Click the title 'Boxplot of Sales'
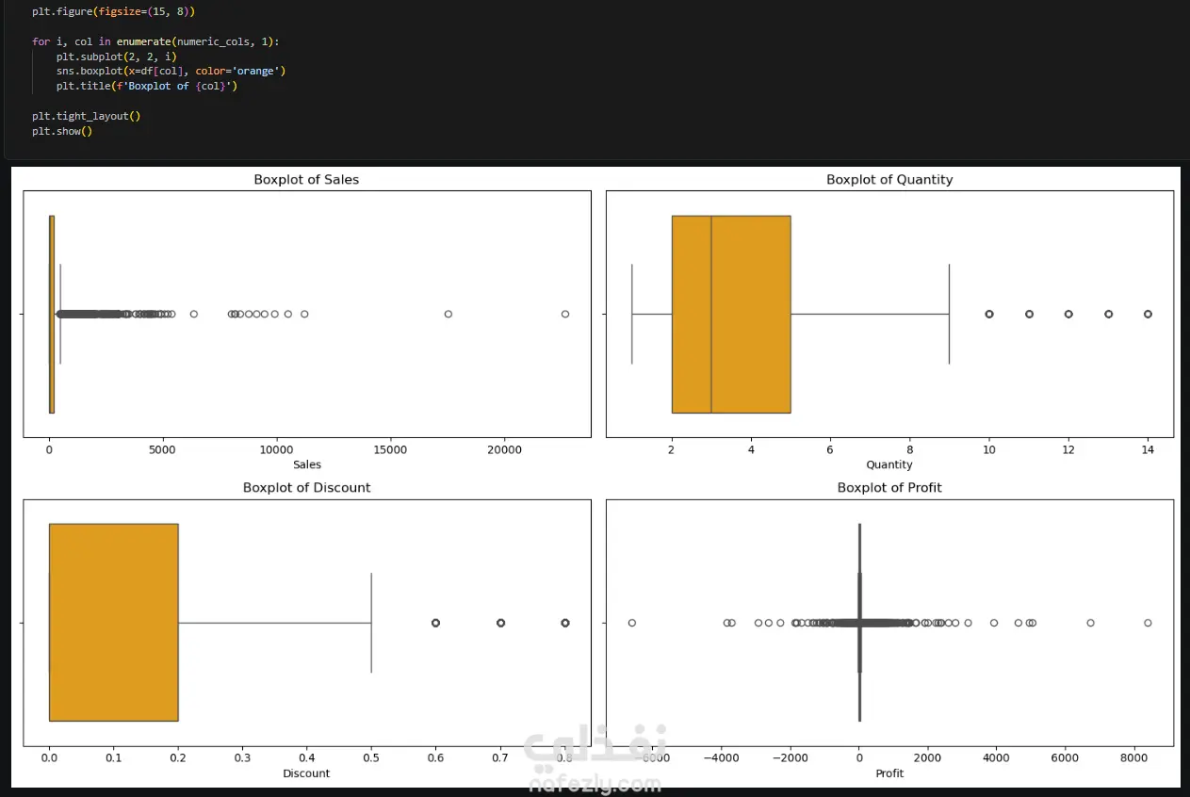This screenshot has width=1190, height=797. click(306, 180)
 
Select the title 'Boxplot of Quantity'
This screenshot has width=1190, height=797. click(889, 180)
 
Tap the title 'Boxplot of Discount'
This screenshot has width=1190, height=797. click(306, 488)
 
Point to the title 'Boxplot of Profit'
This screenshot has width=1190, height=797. click(889, 488)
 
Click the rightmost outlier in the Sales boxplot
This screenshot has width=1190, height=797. click(565, 314)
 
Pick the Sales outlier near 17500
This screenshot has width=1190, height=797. click(448, 314)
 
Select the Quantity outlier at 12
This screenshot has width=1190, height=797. click(1068, 314)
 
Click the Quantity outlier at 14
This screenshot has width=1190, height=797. click(1148, 314)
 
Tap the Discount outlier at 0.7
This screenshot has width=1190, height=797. click(500, 623)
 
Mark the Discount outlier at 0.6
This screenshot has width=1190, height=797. click(435, 623)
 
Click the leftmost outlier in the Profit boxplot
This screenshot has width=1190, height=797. click(631, 623)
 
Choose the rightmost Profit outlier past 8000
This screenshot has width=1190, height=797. click(1148, 623)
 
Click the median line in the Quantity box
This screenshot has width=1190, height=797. click(711, 314)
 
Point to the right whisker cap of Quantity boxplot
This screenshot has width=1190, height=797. click(950, 314)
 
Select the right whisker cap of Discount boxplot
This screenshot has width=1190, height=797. click(371, 623)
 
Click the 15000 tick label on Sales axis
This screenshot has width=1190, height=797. click(390, 450)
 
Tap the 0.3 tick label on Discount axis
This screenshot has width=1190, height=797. click(242, 757)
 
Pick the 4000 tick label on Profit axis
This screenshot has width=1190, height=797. click(996, 757)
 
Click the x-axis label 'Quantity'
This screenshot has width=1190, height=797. click(889, 465)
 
